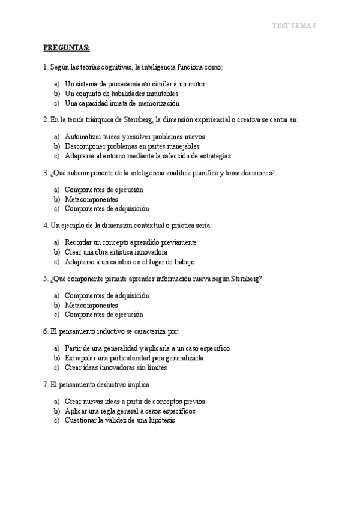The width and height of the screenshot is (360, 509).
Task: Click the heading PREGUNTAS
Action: (66, 47)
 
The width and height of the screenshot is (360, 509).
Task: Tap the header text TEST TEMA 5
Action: (294, 25)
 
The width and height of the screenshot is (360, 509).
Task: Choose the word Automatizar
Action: (83, 136)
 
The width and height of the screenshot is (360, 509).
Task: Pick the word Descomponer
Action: (85, 146)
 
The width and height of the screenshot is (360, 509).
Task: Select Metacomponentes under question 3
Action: (91, 199)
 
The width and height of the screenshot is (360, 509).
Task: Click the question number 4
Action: (46, 225)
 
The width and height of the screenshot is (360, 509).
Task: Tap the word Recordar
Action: (79, 242)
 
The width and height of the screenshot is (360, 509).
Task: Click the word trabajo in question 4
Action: (184, 262)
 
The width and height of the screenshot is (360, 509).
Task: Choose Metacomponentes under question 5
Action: (91, 305)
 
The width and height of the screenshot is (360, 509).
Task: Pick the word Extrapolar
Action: (81, 358)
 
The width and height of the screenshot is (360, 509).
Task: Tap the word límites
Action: (155, 367)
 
